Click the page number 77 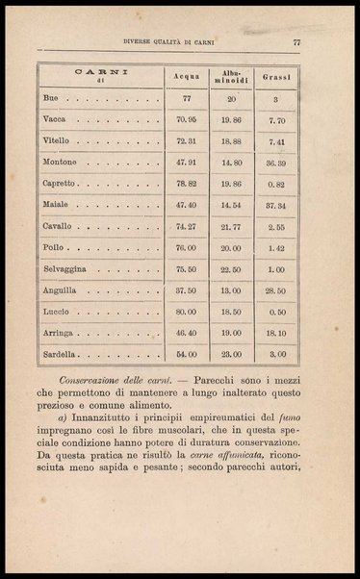[x=297, y=41]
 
